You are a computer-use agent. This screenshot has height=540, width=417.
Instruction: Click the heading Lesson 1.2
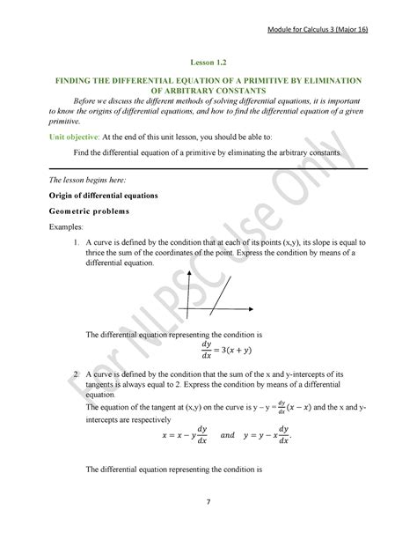pos(208,63)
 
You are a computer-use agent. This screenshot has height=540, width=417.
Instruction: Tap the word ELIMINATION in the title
pos(332,80)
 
